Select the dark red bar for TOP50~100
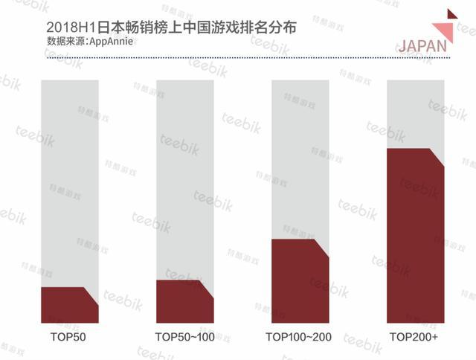coord(184,303)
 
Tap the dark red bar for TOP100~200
coord(300,283)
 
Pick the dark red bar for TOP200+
coord(416,238)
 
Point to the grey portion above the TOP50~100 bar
coord(184,179)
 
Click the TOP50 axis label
coord(68,338)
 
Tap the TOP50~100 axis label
coord(184,338)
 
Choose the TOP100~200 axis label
coord(298,338)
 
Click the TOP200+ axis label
coord(414,338)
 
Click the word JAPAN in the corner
coord(422,45)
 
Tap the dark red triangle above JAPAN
coord(451,15)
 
